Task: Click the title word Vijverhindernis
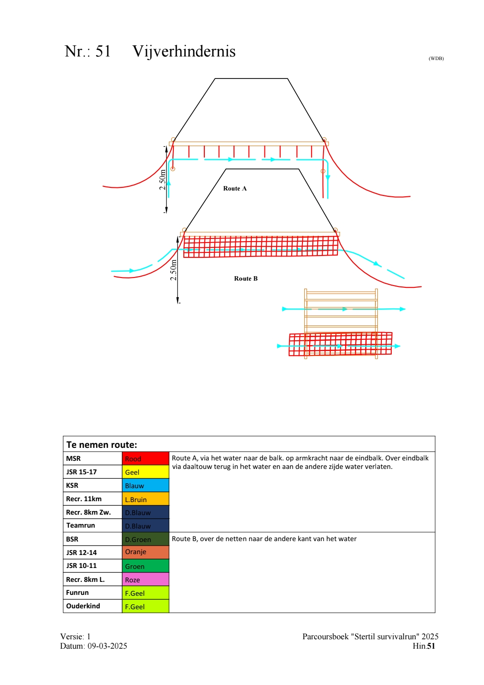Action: click(184, 52)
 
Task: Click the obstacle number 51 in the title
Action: click(103, 52)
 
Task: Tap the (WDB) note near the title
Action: click(436, 59)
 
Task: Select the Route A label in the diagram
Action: click(235, 189)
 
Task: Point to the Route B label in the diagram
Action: click(246, 279)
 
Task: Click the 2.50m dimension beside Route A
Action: click(163, 179)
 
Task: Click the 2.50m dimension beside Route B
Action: click(173, 270)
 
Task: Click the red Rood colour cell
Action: click(146, 459)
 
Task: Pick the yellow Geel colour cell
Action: click(146, 472)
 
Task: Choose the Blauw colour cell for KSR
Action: click(146, 486)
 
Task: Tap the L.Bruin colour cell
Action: click(146, 499)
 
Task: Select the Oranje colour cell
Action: click(146, 552)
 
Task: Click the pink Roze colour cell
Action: click(146, 579)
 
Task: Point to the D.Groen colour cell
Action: click(146, 539)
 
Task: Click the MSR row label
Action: click(73, 459)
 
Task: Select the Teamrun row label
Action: click(81, 525)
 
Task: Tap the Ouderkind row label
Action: click(83, 606)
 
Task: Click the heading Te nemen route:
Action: click(102, 445)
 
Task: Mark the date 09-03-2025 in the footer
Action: click(107, 646)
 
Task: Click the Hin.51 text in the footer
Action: click(423, 646)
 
